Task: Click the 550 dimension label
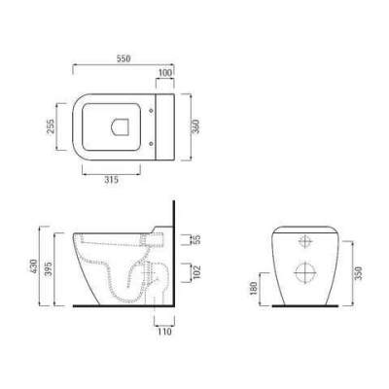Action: pyautogui.click(x=124, y=58)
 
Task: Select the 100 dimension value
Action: pyautogui.click(x=165, y=73)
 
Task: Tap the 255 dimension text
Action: pyautogui.click(x=51, y=126)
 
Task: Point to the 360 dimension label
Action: pyautogui.click(x=196, y=127)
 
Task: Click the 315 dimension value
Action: pyautogui.click(x=111, y=180)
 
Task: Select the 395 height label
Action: pyautogui.click(x=49, y=268)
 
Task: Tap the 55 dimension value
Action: pyautogui.click(x=196, y=239)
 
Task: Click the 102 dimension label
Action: pyautogui.click(x=196, y=272)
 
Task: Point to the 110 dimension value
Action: pyautogui.click(x=164, y=332)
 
